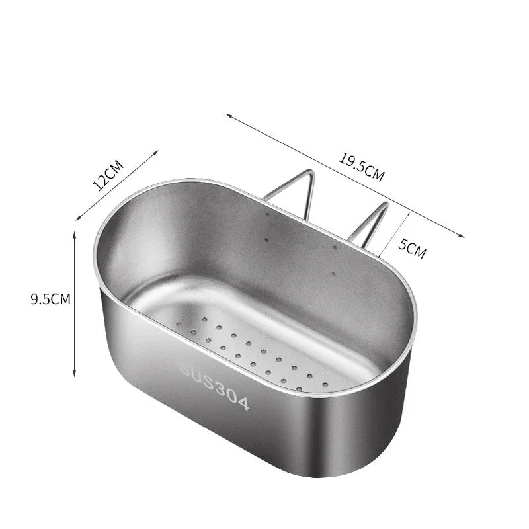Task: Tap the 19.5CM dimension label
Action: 361,167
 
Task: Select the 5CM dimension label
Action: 412,249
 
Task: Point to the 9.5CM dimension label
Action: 50,299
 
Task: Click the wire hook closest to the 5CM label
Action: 367,225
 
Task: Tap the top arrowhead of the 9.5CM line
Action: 75,235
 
